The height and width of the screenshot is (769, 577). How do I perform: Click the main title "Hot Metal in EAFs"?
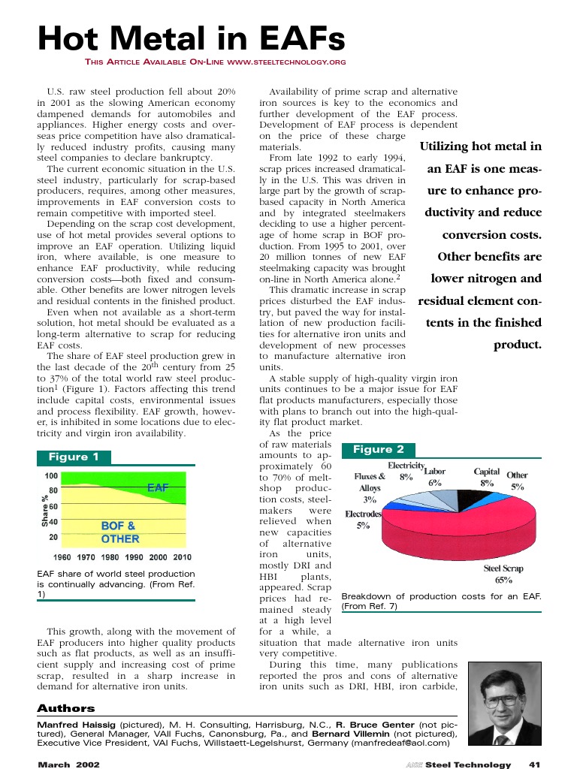tap(191, 38)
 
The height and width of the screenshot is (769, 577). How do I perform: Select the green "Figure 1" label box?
tap(74, 457)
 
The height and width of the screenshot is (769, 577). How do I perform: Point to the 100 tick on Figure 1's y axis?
tap(52, 476)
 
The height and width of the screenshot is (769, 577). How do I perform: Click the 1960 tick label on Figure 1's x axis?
tap(62, 557)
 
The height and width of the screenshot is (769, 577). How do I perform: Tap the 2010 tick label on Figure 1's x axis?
tap(181, 557)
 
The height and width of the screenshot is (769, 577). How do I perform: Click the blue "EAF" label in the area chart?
tap(158, 487)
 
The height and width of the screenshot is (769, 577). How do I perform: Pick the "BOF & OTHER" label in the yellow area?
tap(119, 532)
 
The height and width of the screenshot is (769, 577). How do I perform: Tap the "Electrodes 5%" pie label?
tap(363, 520)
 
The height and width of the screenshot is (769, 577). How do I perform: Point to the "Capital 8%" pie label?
tap(487, 478)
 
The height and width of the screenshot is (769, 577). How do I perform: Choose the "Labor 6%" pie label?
tap(435, 477)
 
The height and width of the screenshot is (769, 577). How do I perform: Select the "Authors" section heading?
tap(66, 708)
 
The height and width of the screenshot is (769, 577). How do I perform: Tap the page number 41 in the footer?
tap(535, 764)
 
